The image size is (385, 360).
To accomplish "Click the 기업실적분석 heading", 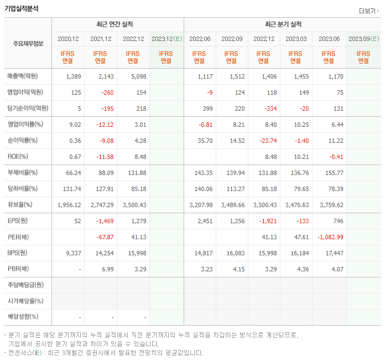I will pyautogui.click(x=23, y=8).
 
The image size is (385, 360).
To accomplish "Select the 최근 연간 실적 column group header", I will pyautogui.click(x=117, y=24).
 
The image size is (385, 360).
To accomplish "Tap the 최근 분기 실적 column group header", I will pyautogui.click(x=282, y=24).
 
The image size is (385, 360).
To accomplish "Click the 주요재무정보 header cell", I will pyautogui.click(x=28, y=44).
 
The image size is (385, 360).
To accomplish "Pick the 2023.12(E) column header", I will pyautogui.click(x=166, y=39).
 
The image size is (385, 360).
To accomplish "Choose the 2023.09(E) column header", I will pyautogui.click(x=363, y=39).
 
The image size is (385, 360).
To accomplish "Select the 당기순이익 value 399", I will pyautogui.click(x=206, y=109).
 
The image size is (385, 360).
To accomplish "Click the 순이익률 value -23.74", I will pyautogui.click(x=268, y=141).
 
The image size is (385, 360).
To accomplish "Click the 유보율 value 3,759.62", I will pyautogui.click(x=331, y=205).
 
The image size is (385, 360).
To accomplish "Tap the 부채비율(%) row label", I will pyautogui.click(x=23, y=173).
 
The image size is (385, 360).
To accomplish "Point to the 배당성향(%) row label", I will pyautogui.click(x=23, y=317).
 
